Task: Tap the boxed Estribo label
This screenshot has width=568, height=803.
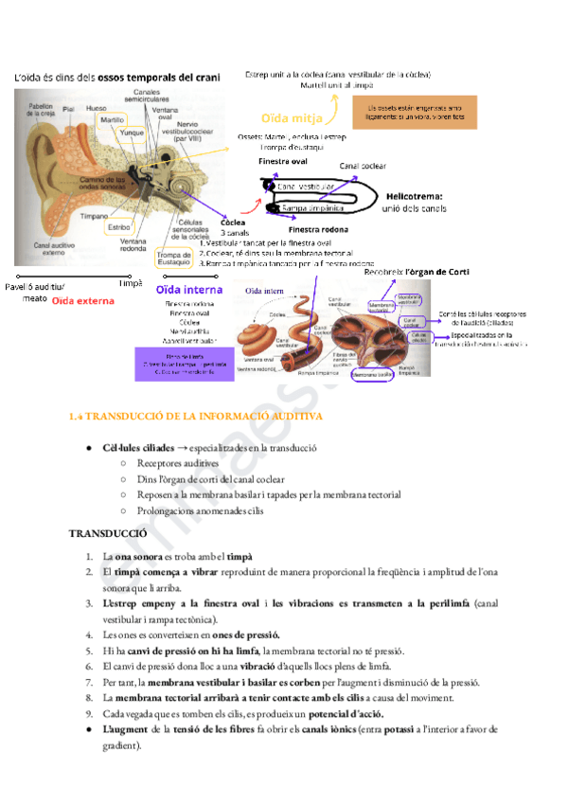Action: pos(118,228)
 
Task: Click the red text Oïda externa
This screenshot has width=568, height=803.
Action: pos(83,301)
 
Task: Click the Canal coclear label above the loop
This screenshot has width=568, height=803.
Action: pos(363,166)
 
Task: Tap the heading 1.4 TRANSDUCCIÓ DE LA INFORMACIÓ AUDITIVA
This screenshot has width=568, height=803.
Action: pos(196,417)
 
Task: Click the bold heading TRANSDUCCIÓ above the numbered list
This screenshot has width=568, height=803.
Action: pos(108,534)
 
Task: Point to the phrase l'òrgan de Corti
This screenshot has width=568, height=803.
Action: pos(437,272)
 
